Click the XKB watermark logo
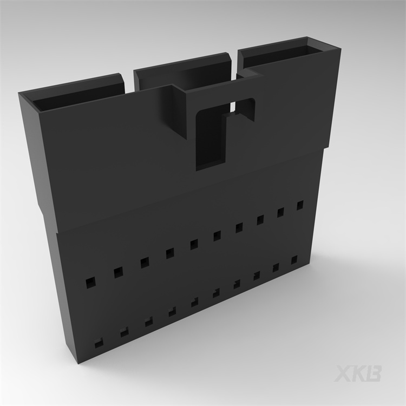pyautogui.click(x=358, y=374)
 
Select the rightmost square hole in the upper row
pyautogui.click(x=299, y=205)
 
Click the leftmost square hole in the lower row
pyautogui.click(x=99, y=342)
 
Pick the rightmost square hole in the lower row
pyautogui.click(x=294, y=260)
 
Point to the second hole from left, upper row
pyautogui.click(x=118, y=272)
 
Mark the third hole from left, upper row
pyautogui.click(x=145, y=263)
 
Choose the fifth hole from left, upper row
pyautogui.click(x=194, y=244)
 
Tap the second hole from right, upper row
pyautogui.click(x=281, y=212)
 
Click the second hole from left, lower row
pyautogui.click(x=125, y=332)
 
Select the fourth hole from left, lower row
pyautogui.click(x=172, y=311)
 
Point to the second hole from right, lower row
pyautogui.click(x=276, y=267)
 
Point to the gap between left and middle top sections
pyautogui.click(x=130, y=81)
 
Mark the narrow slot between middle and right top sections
pyautogui.click(x=236, y=65)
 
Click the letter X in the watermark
pyautogui.click(x=344, y=374)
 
